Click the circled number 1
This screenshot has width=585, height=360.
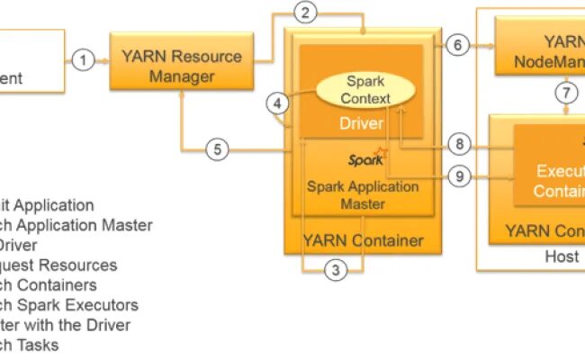pyautogui.click(x=83, y=60)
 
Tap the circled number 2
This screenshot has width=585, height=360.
pyautogui.click(x=308, y=13)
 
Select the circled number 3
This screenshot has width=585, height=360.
pyautogui.click(x=335, y=268)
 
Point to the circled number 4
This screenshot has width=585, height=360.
pyautogui.click(x=279, y=103)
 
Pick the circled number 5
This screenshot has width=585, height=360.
pyautogui.click(x=216, y=148)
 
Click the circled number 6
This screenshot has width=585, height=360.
pyautogui.click(x=457, y=44)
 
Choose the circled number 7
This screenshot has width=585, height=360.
pyautogui.click(x=566, y=92)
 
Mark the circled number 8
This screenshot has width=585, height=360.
pyautogui.click(x=460, y=144)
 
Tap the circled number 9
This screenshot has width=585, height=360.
pyautogui.click(x=460, y=176)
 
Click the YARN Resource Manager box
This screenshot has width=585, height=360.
pyautogui.click(x=182, y=66)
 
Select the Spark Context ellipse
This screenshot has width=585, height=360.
pyautogui.click(x=364, y=90)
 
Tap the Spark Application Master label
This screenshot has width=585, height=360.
pyautogui.click(x=363, y=195)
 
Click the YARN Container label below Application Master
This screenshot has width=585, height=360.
pyautogui.click(x=363, y=240)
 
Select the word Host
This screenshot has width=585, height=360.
pyautogui.click(x=562, y=257)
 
